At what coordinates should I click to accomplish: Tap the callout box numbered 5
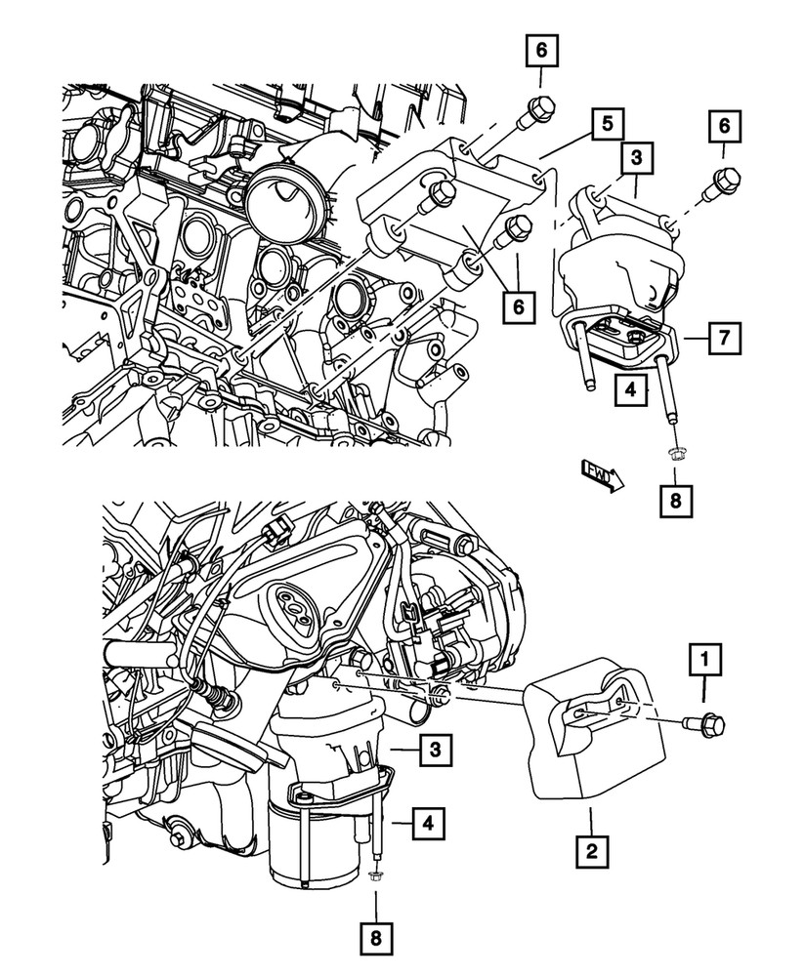point(608,124)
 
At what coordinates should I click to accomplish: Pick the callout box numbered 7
point(722,340)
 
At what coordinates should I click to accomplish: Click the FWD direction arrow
point(598,477)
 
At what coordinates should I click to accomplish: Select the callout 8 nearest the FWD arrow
point(675,502)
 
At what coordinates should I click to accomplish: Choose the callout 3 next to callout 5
point(635,156)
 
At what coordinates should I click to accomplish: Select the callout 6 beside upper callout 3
point(724,126)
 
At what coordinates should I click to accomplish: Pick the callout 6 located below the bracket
point(520,306)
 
